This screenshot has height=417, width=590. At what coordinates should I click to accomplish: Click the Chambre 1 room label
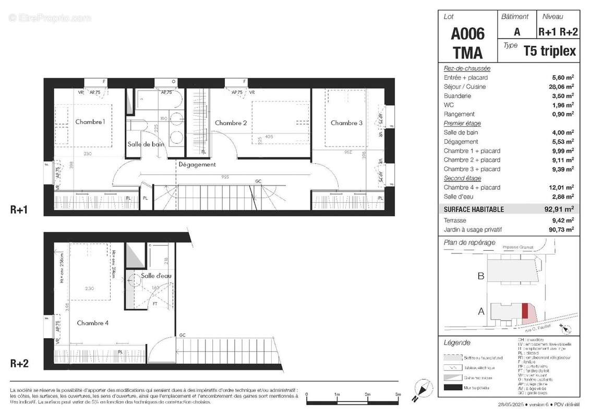pos(90,122)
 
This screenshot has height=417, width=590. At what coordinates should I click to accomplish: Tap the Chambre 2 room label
pos(231,123)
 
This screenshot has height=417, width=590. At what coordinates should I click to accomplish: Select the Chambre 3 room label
pos(346,123)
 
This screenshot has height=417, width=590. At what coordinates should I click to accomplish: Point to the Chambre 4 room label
pos(92,323)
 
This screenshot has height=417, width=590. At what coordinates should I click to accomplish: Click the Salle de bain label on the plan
pos(146,144)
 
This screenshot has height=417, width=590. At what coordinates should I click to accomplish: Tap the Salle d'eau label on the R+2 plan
pos(156,276)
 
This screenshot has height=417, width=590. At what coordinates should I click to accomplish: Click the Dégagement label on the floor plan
pos(197,164)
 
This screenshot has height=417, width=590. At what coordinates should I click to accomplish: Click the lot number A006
pos(467,34)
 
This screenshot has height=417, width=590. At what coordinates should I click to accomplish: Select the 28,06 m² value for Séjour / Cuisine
pos(560,87)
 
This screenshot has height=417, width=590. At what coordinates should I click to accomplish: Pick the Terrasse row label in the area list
pos(455,220)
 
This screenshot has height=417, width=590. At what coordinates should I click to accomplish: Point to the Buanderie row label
pos(457,96)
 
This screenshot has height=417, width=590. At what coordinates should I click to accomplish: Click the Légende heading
pos(456,342)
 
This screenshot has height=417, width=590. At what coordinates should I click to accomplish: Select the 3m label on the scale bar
pos(398,395)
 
